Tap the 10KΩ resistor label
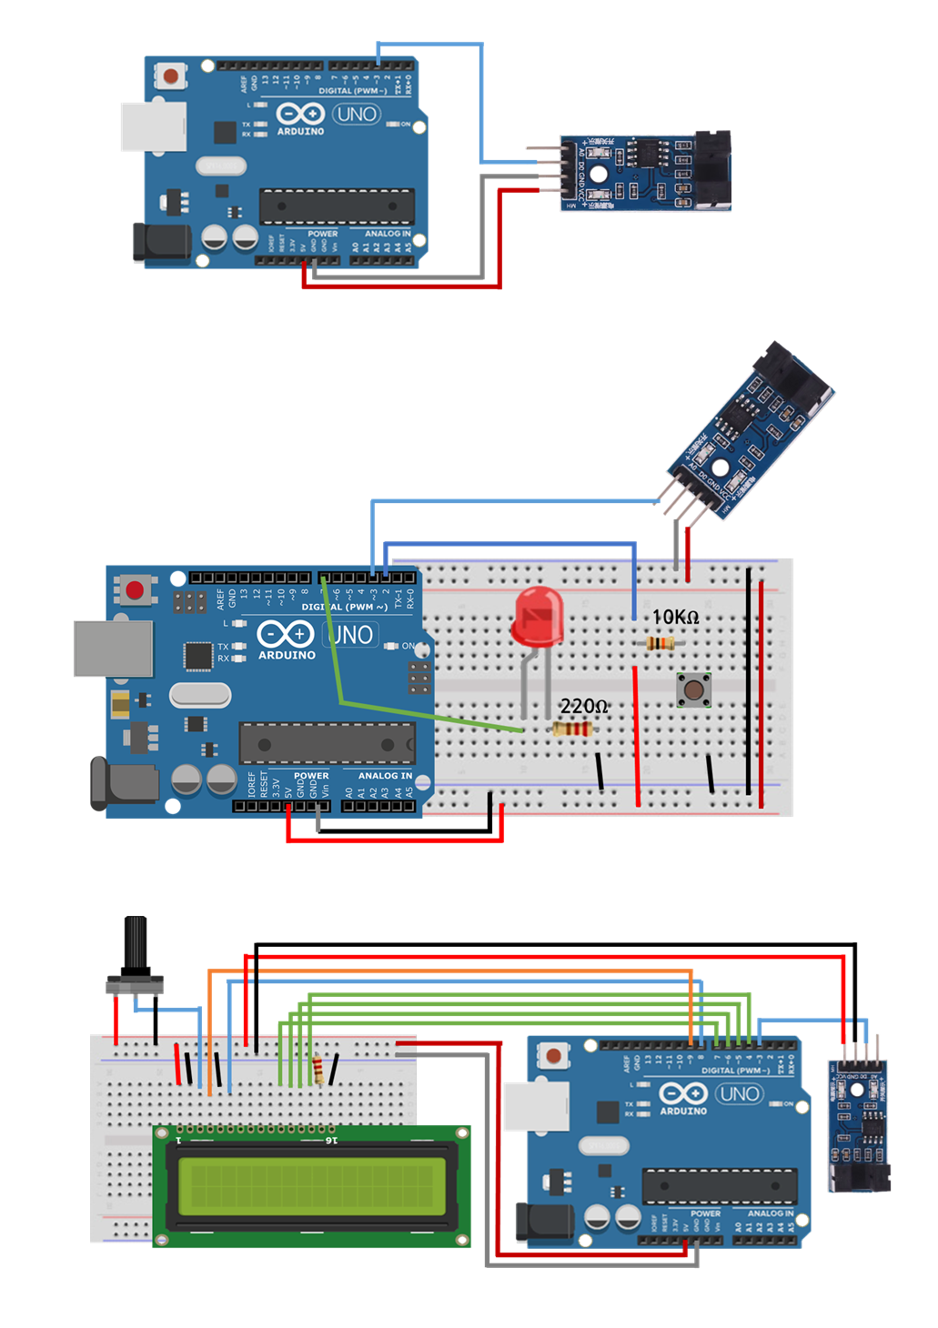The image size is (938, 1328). click(x=675, y=617)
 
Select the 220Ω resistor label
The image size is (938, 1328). click(x=583, y=706)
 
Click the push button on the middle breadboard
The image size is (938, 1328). click(x=694, y=689)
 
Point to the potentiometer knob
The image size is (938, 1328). click(x=136, y=946)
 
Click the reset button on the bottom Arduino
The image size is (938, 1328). click(x=553, y=1056)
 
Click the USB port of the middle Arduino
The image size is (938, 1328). click(x=113, y=649)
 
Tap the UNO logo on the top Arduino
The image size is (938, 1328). click(x=356, y=115)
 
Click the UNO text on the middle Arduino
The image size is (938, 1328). click(x=351, y=634)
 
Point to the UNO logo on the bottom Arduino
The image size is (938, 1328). click(x=739, y=1094)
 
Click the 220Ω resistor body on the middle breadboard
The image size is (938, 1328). click(x=572, y=729)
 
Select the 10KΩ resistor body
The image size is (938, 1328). click(x=661, y=643)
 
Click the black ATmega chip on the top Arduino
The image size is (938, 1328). click(x=337, y=206)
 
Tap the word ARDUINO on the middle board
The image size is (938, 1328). click(x=287, y=655)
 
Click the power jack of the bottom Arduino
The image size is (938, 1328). click(x=543, y=1222)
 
